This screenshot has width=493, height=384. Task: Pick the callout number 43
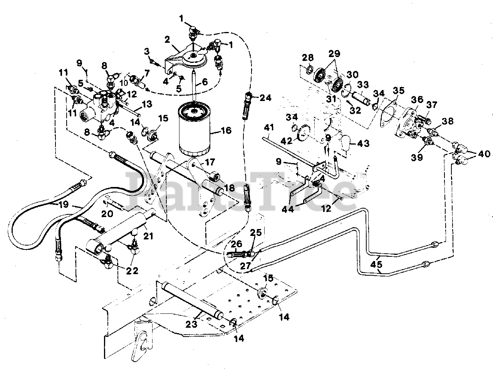click(x=363, y=143)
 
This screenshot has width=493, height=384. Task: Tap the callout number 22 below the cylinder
click(x=132, y=271)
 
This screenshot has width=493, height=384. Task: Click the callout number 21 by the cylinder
click(x=148, y=236)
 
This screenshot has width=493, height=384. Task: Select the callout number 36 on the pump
click(x=413, y=100)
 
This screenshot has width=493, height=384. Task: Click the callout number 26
click(x=236, y=244)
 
